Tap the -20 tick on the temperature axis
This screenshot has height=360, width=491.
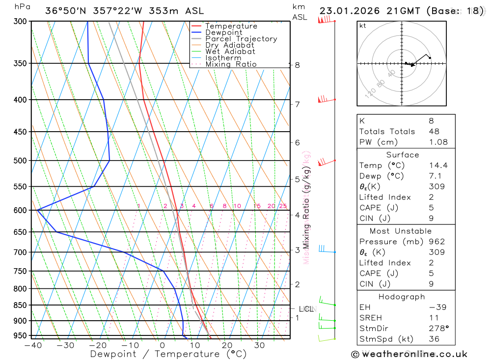(97, 345)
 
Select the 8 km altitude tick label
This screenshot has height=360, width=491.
(298, 65)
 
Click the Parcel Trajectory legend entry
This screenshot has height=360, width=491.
(241, 39)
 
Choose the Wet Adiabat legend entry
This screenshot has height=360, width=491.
(230, 52)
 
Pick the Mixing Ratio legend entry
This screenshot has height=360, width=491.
(230, 64)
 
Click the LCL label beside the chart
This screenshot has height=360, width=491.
(306, 309)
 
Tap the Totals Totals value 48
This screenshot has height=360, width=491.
(434, 131)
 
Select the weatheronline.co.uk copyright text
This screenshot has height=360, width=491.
(409, 354)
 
